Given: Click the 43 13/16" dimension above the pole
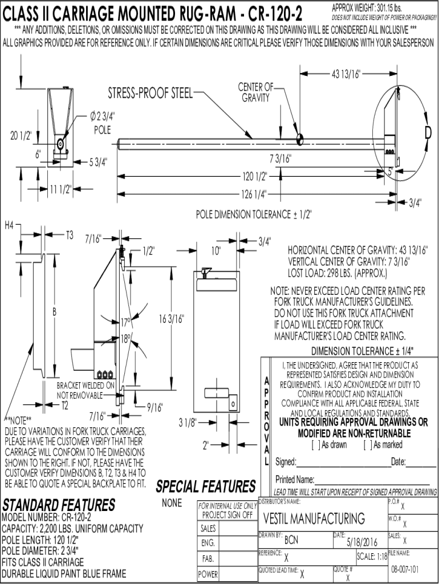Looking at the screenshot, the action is (x=346, y=74).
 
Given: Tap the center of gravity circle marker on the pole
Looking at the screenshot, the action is (x=299, y=140).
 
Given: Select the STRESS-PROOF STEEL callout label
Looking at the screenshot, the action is (x=151, y=93).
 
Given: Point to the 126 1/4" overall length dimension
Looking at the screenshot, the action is (x=254, y=194).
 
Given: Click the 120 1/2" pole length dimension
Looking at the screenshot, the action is (x=255, y=176).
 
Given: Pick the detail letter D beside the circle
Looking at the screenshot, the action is (x=428, y=132).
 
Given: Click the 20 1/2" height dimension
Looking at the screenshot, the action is (x=21, y=135).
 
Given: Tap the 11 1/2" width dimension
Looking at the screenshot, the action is (x=60, y=189).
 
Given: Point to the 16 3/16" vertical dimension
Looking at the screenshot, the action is (x=171, y=319).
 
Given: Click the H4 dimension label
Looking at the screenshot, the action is (x=9, y=225).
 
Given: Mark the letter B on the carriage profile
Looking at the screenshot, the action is (x=54, y=312).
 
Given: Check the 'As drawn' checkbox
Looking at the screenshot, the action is (x=316, y=445).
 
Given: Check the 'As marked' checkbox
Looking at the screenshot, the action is (x=368, y=445).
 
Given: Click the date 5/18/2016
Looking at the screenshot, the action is (x=362, y=542).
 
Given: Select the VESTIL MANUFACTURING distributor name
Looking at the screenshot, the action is (x=314, y=518).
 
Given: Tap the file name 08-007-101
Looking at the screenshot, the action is (x=405, y=570).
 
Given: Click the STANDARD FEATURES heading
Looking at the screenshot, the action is (x=59, y=505).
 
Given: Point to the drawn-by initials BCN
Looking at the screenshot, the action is (x=291, y=540).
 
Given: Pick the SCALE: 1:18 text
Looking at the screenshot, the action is (x=372, y=557).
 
